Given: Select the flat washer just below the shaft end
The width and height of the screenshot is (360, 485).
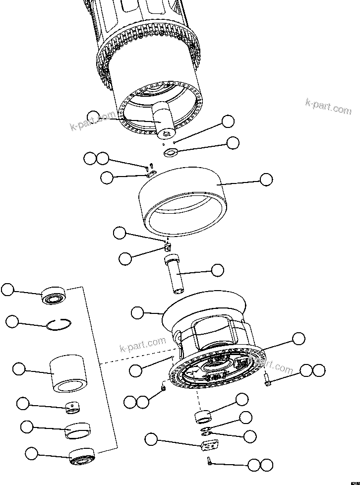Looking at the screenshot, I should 170,152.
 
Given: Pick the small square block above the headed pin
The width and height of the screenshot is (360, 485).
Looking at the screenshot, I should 168,246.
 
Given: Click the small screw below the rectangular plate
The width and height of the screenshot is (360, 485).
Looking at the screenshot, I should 210,462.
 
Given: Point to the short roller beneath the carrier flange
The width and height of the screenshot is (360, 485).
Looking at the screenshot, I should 203,416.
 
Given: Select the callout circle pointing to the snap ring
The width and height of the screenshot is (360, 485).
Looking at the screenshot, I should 13,322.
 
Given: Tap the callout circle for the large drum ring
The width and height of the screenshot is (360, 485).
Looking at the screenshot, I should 266,180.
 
